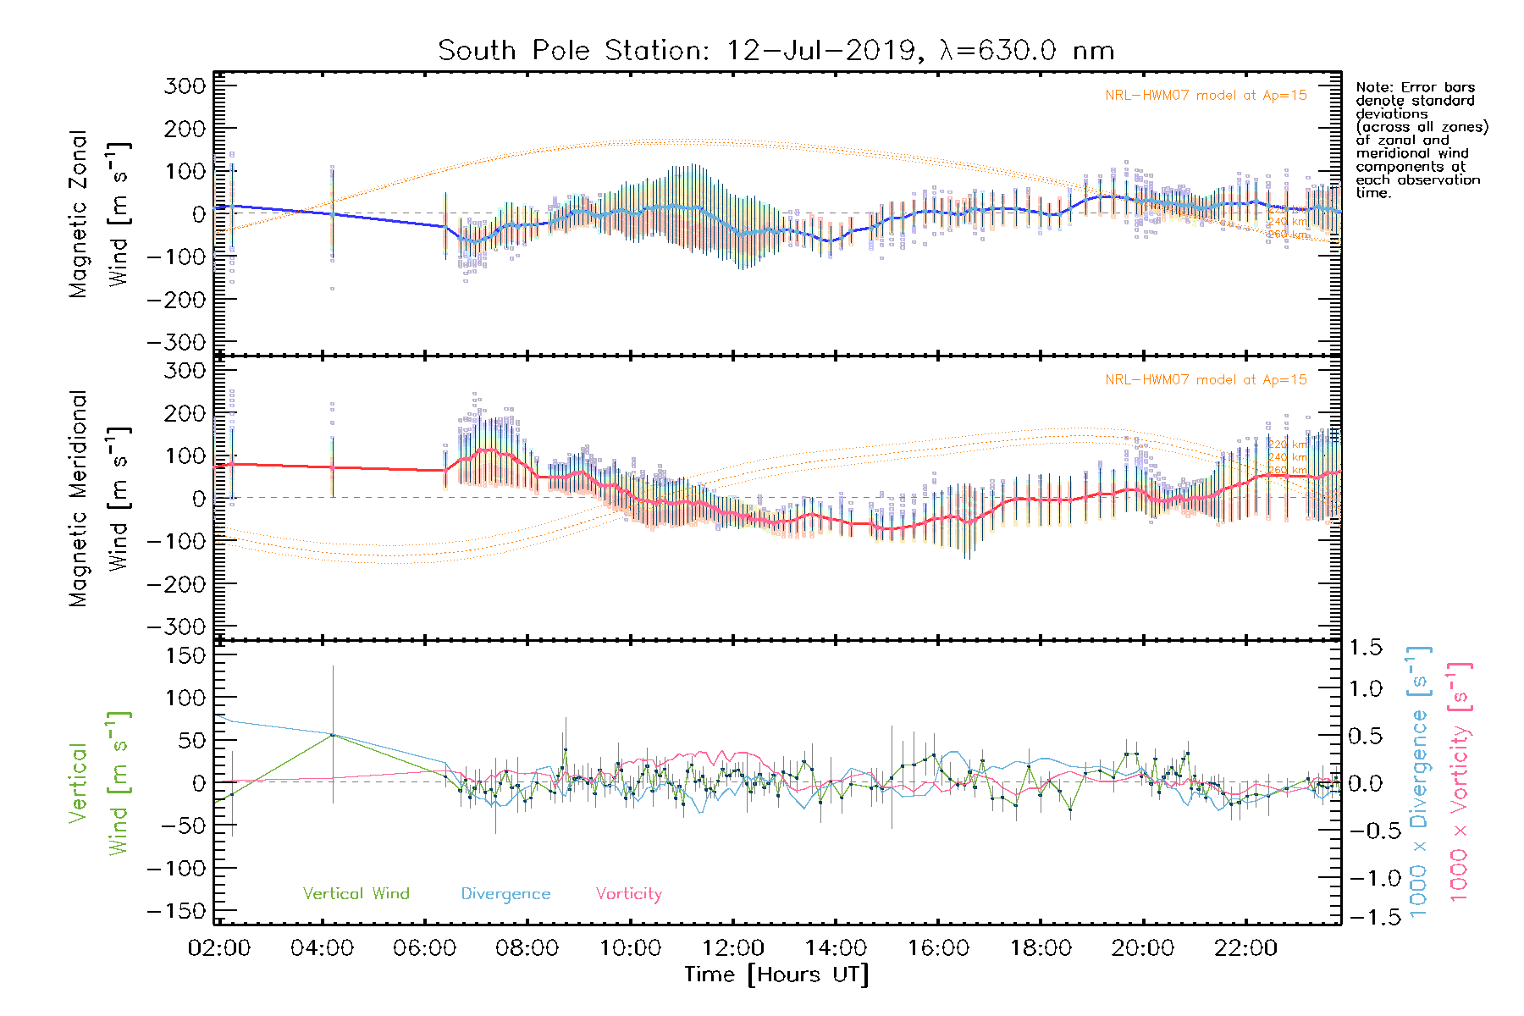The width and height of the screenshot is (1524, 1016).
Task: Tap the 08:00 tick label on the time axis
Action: (527, 948)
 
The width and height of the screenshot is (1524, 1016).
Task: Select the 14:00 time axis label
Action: (835, 948)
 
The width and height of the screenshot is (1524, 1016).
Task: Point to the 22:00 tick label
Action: (1245, 948)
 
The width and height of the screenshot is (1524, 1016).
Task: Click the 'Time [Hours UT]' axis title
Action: (776, 975)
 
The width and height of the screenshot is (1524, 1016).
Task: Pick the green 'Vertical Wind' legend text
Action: (356, 894)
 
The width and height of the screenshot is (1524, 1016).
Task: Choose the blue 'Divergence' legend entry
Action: (505, 894)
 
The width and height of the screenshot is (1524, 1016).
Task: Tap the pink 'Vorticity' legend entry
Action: (628, 894)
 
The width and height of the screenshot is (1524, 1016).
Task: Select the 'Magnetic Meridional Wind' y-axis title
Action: (98, 499)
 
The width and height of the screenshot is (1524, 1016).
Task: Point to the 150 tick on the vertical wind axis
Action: (185, 655)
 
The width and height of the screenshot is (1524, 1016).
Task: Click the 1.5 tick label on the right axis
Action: (1366, 648)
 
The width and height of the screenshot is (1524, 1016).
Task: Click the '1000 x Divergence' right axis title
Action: (1419, 781)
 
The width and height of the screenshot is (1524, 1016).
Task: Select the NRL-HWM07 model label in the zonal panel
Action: (1206, 96)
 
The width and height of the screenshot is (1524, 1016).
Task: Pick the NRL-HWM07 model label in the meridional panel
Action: (1206, 380)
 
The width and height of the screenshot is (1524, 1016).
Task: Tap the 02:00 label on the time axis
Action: (219, 948)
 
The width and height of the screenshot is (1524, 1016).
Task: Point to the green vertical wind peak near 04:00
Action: (333, 735)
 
